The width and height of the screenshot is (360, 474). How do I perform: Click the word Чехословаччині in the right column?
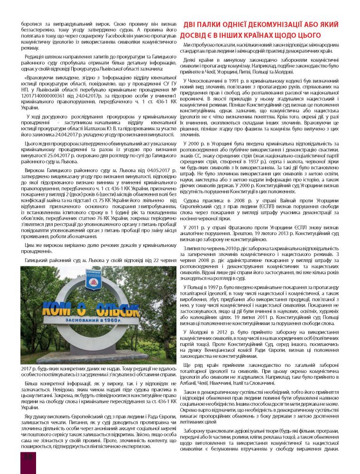[x=205, y=81]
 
